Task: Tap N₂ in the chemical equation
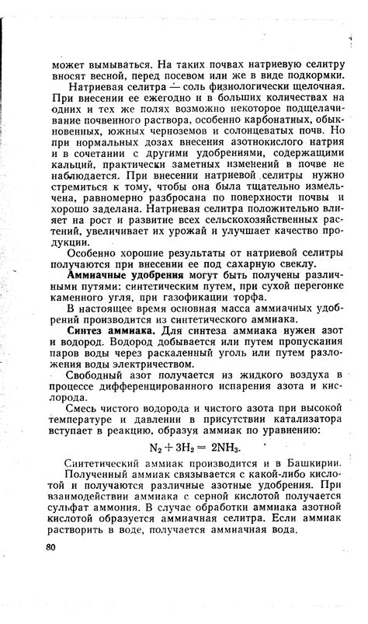coord(157,448)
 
